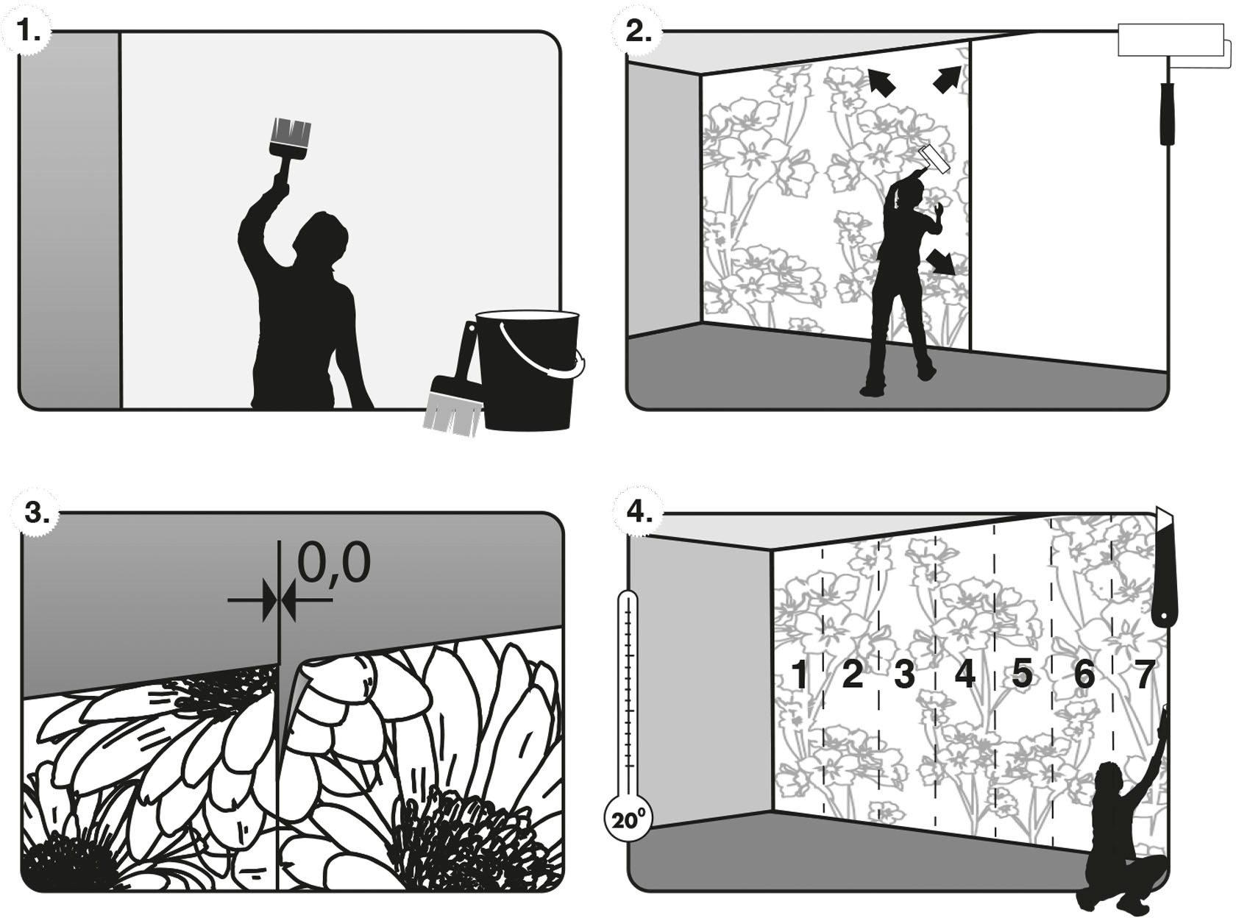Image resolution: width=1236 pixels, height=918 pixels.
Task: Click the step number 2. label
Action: click(x=637, y=31)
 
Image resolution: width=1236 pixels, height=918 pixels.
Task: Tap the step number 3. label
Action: click(x=36, y=512)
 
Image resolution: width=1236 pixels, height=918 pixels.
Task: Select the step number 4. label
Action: click(x=639, y=510)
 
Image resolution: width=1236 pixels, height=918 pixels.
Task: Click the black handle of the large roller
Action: click(x=1168, y=114)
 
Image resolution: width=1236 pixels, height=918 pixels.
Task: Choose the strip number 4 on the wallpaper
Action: click(x=965, y=674)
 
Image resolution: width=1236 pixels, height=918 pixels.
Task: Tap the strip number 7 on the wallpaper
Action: click(x=1143, y=674)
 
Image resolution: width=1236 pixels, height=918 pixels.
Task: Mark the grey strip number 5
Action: click(x=1022, y=672)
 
